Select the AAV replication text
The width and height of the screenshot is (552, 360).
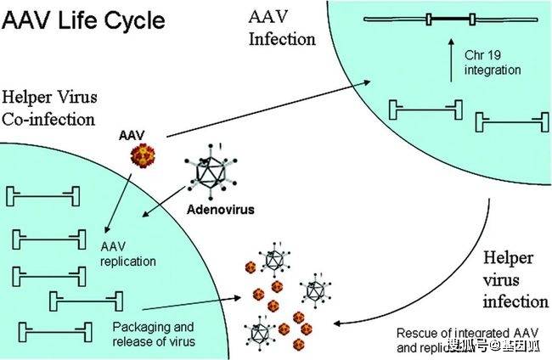click(x=127, y=255)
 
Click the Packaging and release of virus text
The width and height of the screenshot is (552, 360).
click(x=154, y=334)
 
